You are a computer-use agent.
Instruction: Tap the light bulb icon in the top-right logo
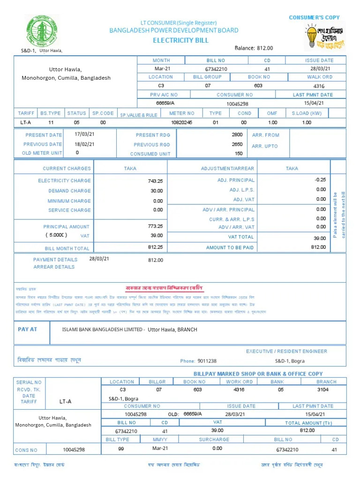(312, 36)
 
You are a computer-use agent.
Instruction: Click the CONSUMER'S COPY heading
(314, 17)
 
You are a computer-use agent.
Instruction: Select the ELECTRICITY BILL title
(180, 40)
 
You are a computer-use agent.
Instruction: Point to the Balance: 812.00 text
(254, 48)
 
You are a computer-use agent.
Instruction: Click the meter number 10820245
(182, 122)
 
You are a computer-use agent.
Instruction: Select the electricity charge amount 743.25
(155, 181)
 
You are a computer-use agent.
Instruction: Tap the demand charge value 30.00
(157, 191)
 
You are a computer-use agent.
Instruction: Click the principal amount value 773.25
(155, 226)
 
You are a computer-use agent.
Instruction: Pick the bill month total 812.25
(155, 247)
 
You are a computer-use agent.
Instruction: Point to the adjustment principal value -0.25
(320, 180)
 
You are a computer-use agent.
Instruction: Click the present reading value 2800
(237, 135)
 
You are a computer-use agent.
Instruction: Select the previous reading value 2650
(237, 144)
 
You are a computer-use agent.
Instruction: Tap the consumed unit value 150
(239, 154)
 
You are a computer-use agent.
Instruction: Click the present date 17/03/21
(84, 134)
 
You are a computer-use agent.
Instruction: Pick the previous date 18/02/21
(84, 144)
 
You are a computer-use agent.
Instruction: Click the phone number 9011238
(207, 361)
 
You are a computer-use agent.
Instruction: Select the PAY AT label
(27, 329)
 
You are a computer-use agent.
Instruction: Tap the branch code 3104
(323, 390)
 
